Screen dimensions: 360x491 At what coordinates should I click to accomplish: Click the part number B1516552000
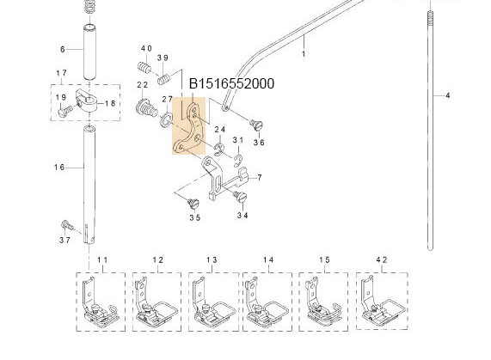[231, 84]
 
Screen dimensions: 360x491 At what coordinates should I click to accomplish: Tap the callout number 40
[146, 49]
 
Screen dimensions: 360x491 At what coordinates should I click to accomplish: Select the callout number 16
[61, 167]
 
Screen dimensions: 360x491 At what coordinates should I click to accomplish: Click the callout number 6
[62, 49]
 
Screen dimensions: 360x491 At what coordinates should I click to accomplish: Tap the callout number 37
[64, 241]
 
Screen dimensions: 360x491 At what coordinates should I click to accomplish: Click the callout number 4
[448, 95]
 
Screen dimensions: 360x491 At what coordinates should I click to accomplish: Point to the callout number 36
[258, 143]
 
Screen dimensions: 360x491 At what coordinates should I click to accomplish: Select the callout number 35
[194, 218]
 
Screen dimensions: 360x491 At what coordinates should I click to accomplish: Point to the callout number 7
[259, 177]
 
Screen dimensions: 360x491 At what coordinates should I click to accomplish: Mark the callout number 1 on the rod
[303, 53]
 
